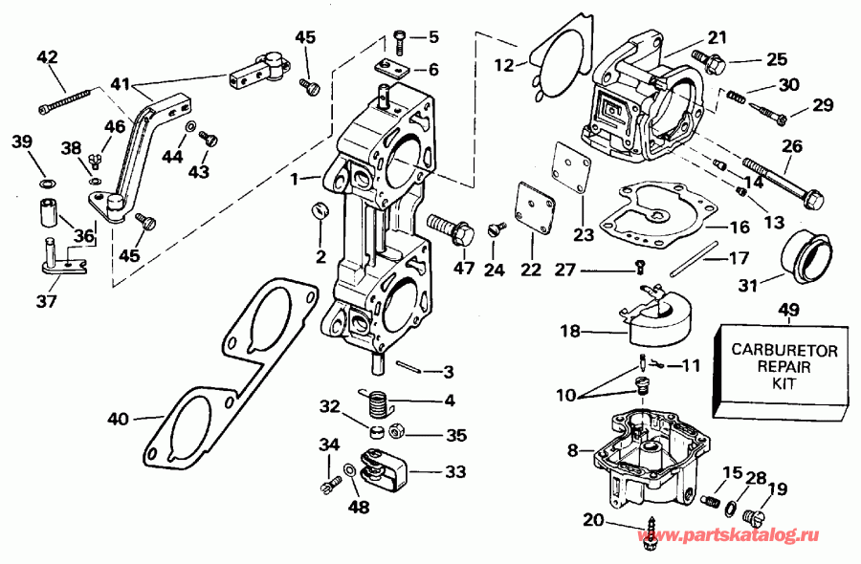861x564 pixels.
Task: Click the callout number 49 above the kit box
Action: (x=788, y=309)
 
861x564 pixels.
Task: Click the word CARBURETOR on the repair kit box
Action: (x=784, y=351)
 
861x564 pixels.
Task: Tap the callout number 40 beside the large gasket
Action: (x=117, y=418)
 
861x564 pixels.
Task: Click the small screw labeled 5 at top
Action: (x=400, y=39)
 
